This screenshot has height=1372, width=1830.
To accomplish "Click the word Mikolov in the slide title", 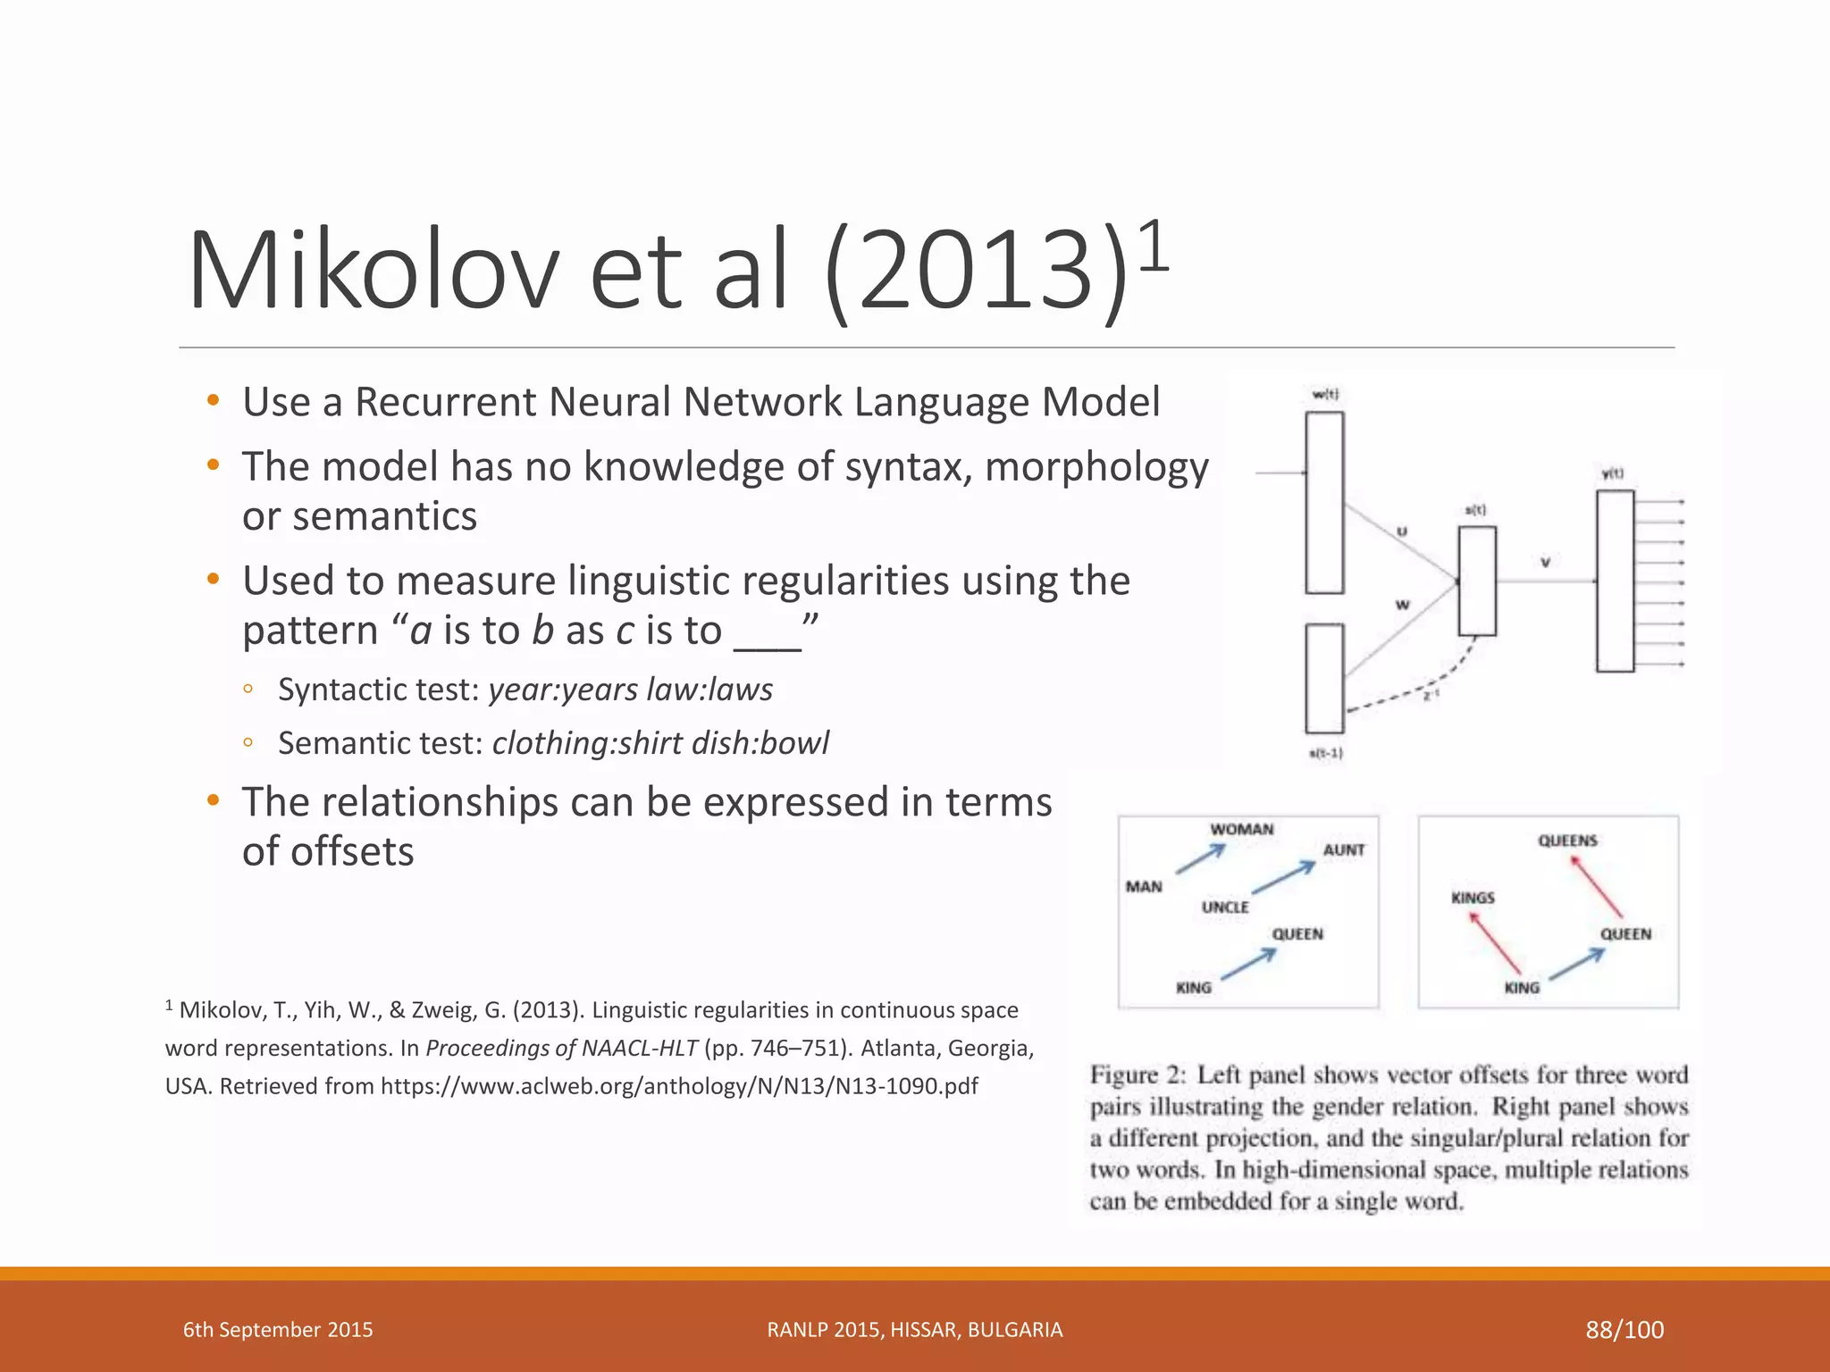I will [374, 271].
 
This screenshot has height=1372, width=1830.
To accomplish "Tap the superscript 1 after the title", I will [1154, 247].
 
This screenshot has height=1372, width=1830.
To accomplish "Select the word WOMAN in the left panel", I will [1241, 830].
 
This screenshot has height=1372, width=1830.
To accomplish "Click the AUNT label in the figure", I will [1343, 850].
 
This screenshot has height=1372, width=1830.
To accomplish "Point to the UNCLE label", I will [1225, 908].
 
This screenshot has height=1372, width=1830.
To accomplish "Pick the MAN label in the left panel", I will [1144, 887].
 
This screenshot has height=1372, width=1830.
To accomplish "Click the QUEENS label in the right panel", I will [1567, 841].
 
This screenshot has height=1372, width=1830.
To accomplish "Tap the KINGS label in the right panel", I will [1473, 898].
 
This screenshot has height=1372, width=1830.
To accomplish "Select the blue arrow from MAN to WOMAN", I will [1200, 859].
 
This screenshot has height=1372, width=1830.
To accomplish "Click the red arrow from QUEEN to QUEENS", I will [1597, 887].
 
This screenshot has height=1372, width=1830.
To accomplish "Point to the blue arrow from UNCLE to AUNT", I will [1283, 878].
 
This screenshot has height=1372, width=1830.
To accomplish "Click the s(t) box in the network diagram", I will [1477, 581].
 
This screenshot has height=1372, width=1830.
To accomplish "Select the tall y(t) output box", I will [1615, 581].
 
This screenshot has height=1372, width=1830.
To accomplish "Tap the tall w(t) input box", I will [1324, 503].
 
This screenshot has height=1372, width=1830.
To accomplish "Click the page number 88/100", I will [1624, 1330].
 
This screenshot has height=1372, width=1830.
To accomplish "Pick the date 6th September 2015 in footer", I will [278, 1330].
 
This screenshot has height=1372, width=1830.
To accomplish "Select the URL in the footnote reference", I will [679, 1086].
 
